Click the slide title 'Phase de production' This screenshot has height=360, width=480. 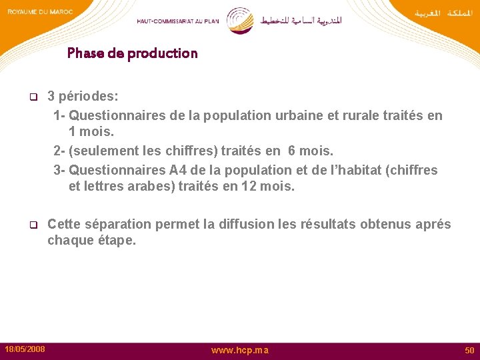tap(132, 53)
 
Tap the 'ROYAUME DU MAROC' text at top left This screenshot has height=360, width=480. tap(39, 12)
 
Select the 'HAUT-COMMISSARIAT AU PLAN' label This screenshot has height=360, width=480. tap(178, 21)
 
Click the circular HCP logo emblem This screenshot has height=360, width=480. tap(240, 20)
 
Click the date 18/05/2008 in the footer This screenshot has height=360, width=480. tap(25, 349)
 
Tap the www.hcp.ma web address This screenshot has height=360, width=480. tap(240, 350)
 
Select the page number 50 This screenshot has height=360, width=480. tap(469, 350)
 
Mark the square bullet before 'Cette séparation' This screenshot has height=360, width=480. tap(31, 225)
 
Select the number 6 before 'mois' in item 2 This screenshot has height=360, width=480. tap(293, 152)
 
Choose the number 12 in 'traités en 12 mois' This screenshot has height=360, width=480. tap(250, 187)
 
